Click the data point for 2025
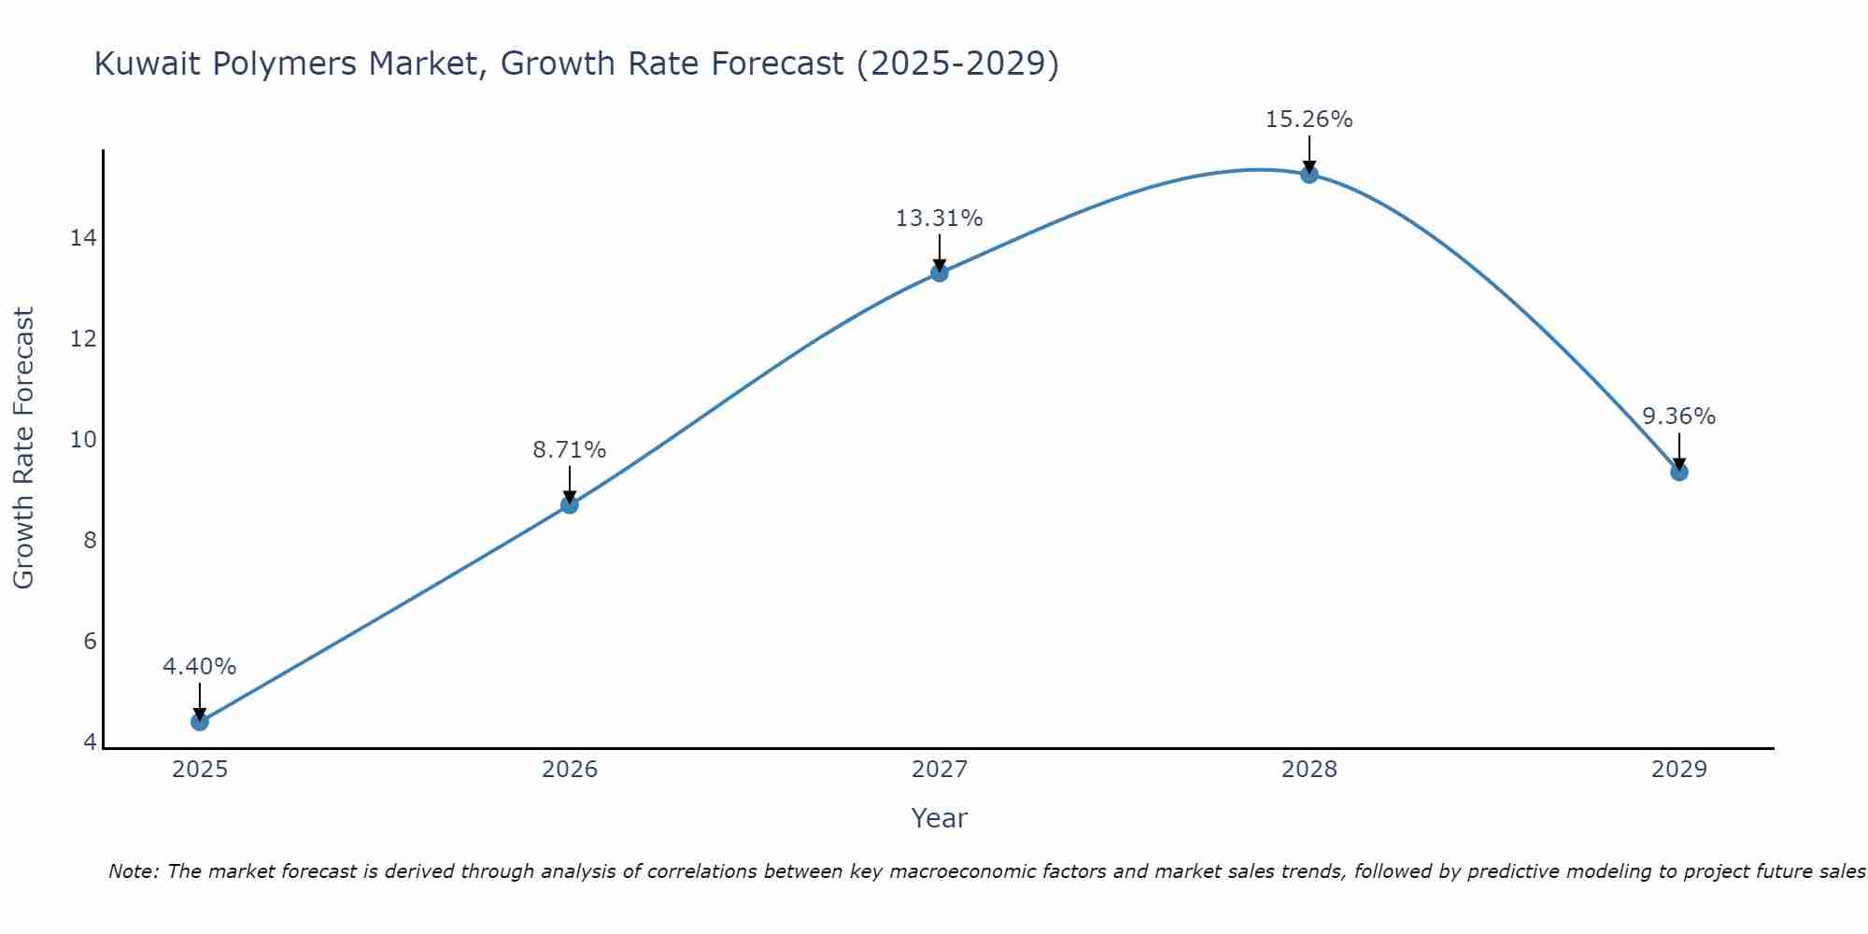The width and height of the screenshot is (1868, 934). [199, 722]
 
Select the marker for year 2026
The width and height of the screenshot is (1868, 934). [569, 505]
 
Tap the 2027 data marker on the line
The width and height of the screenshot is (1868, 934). [939, 273]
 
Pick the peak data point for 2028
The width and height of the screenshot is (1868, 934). [1309, 175]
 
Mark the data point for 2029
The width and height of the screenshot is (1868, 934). [1678, 473]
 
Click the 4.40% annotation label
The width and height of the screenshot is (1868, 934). [199, 667]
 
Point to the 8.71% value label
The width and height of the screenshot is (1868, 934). [569, 450]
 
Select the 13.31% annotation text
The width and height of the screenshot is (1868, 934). [939, 219]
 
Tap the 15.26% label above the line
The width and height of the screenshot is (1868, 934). [1309, 120]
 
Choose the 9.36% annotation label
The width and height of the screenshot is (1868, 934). [1678, 417]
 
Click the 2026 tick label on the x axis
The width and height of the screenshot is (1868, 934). [569, 770]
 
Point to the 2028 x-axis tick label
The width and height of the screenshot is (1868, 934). [1309, 770]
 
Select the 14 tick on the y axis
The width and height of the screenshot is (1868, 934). [83, 238]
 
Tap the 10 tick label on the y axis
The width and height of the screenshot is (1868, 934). [83, 440]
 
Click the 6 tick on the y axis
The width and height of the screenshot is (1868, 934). [90, 642]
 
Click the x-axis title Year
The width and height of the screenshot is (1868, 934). [939, 818]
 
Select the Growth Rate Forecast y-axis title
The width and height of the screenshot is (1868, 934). [24, 448]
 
